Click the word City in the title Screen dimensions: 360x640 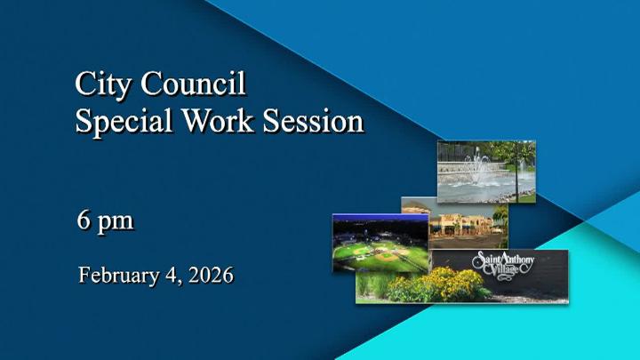[99, 86]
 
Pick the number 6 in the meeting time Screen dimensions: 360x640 [85, 220]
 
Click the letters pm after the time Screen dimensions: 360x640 [116, 223]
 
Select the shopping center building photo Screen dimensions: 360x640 [467, 228]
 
